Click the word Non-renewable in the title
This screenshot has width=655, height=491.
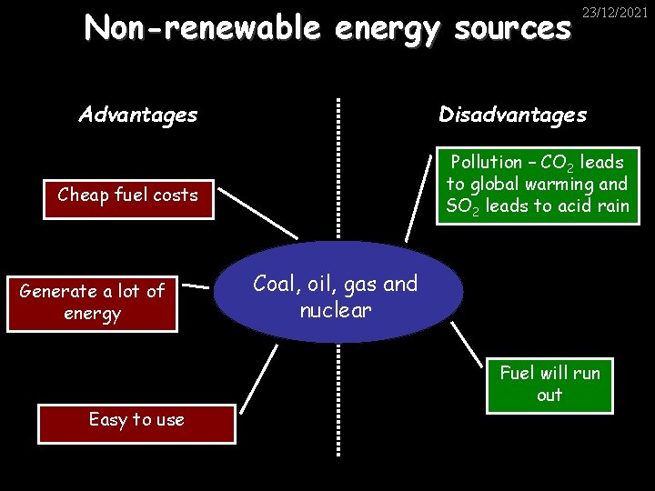point(202,28)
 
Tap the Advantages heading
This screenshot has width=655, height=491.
point(137,115)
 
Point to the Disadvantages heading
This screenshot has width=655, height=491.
point(512,115)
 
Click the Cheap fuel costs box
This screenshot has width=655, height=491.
point(127,195)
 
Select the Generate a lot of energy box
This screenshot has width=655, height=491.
point(91,303)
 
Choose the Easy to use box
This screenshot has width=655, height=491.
point(136,420)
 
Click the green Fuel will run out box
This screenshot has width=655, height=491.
point(549,384)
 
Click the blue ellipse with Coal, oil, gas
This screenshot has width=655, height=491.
point(336,291)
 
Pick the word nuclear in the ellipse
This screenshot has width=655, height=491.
point(336,311)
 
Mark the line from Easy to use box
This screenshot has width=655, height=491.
point(257,375)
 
